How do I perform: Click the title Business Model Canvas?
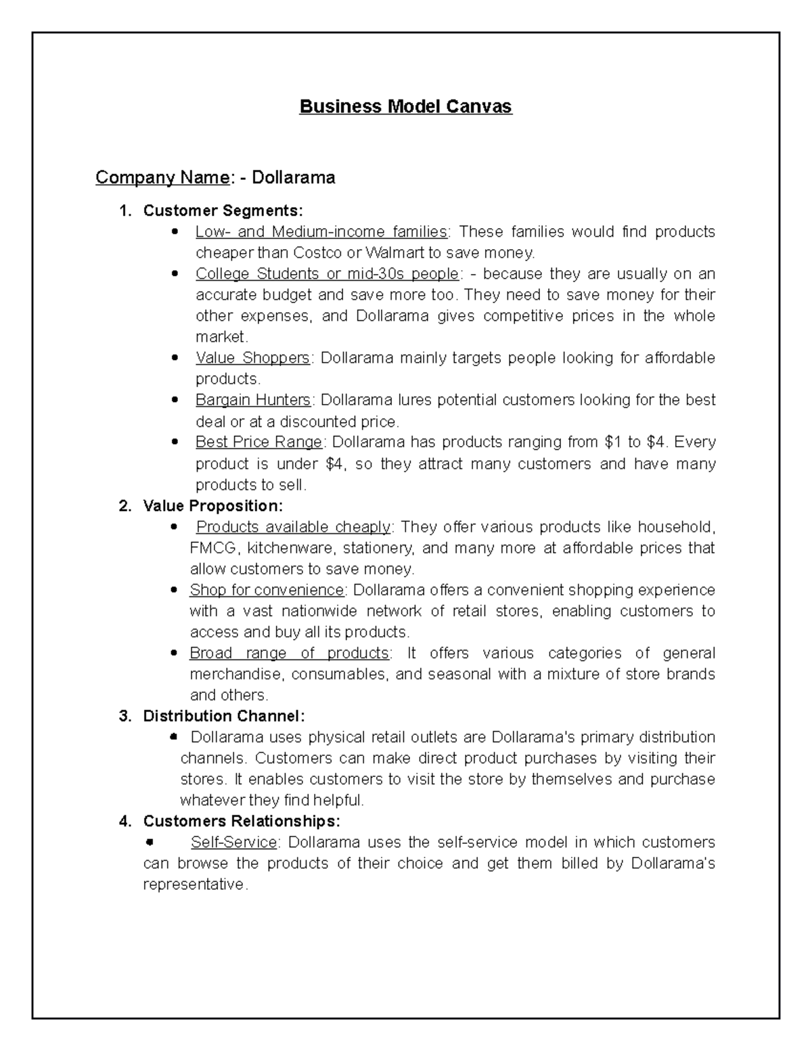[406, 107]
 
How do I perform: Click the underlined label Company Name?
[162, 177]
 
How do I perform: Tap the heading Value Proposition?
[213, 506]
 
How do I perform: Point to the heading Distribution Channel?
[224, 716]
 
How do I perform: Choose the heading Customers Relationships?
[242, 821]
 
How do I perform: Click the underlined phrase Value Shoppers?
[252, 357]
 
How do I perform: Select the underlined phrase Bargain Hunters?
[253, 400]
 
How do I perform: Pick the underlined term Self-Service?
[234, 842]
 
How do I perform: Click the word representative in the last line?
[195, 885]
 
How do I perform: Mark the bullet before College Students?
[175, 274]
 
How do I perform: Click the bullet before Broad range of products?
[175, 654]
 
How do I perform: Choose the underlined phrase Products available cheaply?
[293, 527]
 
